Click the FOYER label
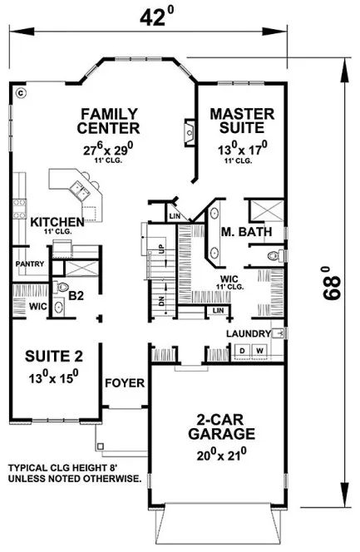[126, 383]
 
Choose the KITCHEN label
[57, 222]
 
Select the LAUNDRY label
[247, 333]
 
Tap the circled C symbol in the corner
[22, 93]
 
